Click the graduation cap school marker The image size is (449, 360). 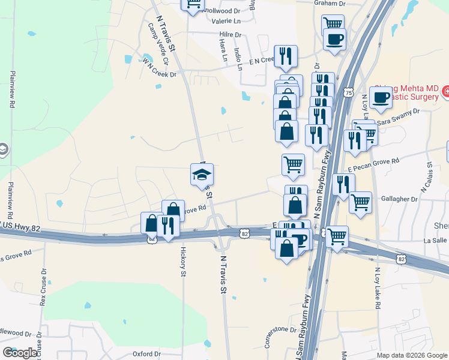[202, 175]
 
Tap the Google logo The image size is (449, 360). [20, 353]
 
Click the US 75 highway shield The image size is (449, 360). [349, 92]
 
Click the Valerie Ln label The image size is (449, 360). [224, 20]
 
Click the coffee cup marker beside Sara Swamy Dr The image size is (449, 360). [381, 97]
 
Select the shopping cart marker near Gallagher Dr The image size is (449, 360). [360, 202]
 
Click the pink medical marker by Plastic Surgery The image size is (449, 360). [445, 92]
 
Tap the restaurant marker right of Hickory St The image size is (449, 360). [168, 226]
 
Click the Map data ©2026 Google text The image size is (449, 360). [412, 355]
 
